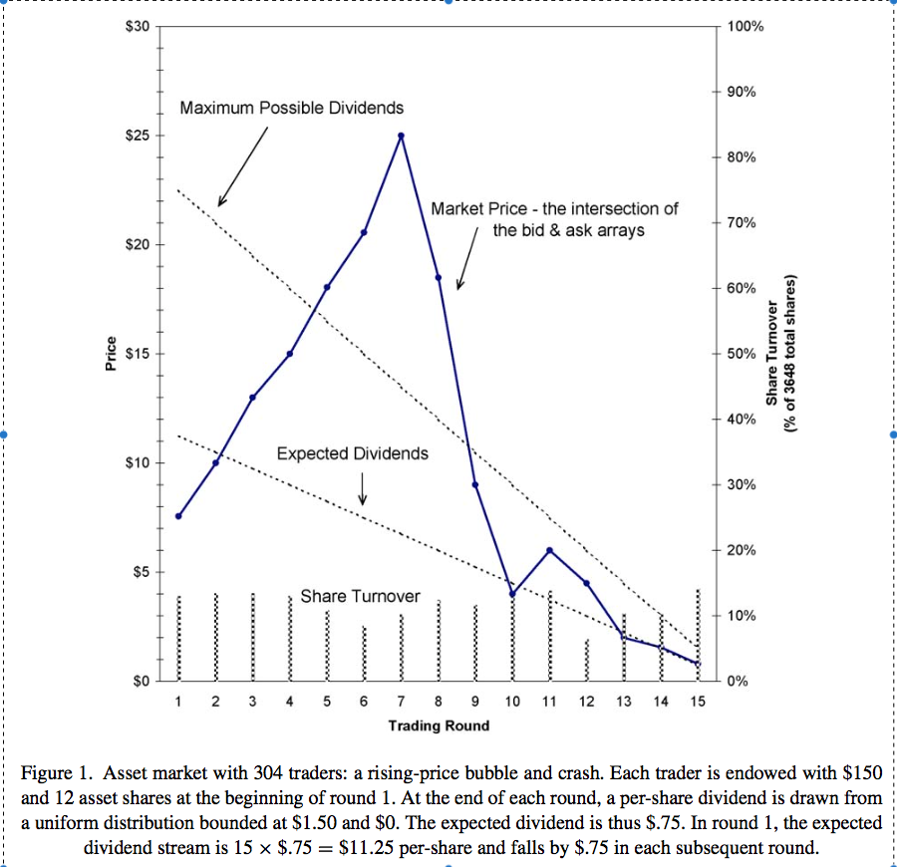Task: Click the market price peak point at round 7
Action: tap(401, 136)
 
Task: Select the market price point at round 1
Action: tap(178, 516)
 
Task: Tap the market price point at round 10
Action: tap(512, 594)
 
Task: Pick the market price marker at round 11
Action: tap(549, 550)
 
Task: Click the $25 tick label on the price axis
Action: tap(136, 136)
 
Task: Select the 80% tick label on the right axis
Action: tap(744, 157)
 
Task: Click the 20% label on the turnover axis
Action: tap(744, 550)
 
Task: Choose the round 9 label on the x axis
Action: tap(475, 702)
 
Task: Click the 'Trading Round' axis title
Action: tap(439, 725)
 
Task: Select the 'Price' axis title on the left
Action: tap(112, 355)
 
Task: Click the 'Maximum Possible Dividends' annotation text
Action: tap(292, 108)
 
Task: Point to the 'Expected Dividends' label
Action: tap(352, 453)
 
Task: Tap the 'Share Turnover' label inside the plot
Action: tap(360, 596)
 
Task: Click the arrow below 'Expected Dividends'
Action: tap(362, 486)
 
